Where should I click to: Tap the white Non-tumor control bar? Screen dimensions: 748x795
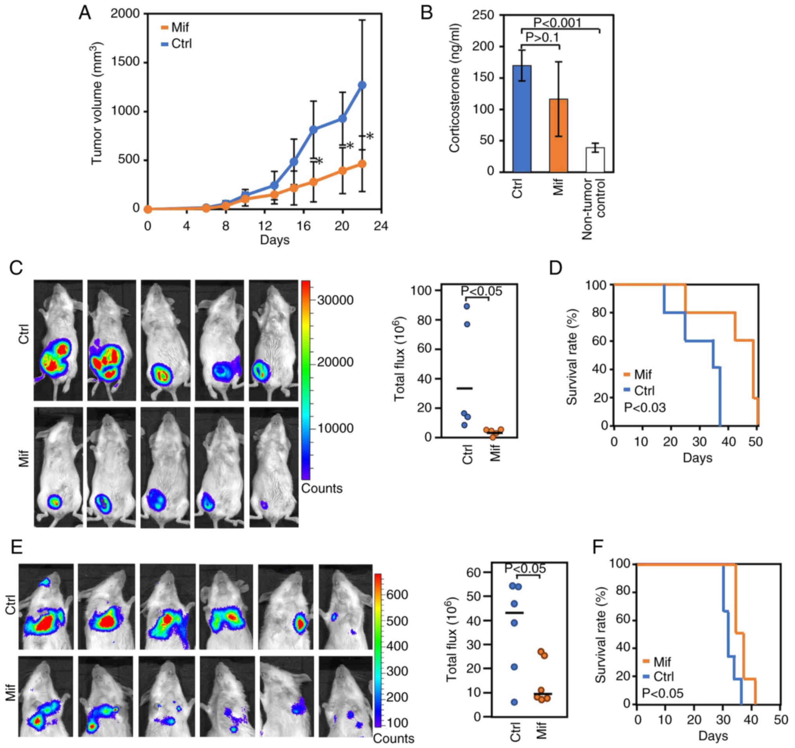pos(595,160)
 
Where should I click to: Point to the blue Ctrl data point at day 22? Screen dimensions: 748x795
pos(362,85)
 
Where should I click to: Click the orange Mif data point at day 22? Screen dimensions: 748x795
pos(362,164)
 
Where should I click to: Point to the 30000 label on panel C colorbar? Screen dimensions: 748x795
pos(335,300)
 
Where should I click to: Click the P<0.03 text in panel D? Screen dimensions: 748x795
pos(645,408)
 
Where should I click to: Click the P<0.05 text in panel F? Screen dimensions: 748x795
pos(663,693)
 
